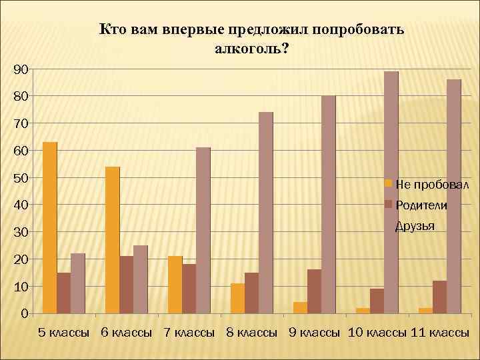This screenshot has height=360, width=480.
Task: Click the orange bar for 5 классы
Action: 49,227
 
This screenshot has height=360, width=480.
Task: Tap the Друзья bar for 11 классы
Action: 453,196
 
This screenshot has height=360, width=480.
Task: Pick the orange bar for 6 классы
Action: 112,239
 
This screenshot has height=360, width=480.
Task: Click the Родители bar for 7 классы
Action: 189,288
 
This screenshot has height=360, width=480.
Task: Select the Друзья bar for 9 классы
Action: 328,204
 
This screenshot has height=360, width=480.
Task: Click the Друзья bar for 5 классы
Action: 77,283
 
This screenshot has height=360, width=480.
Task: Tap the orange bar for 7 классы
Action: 175,284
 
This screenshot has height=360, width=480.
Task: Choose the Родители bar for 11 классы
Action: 439,297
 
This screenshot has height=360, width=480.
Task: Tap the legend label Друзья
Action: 415,226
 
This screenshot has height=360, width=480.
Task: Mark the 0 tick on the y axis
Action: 24,313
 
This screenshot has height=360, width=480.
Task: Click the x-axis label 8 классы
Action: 252,333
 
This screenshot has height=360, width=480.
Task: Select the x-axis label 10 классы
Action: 377,333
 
